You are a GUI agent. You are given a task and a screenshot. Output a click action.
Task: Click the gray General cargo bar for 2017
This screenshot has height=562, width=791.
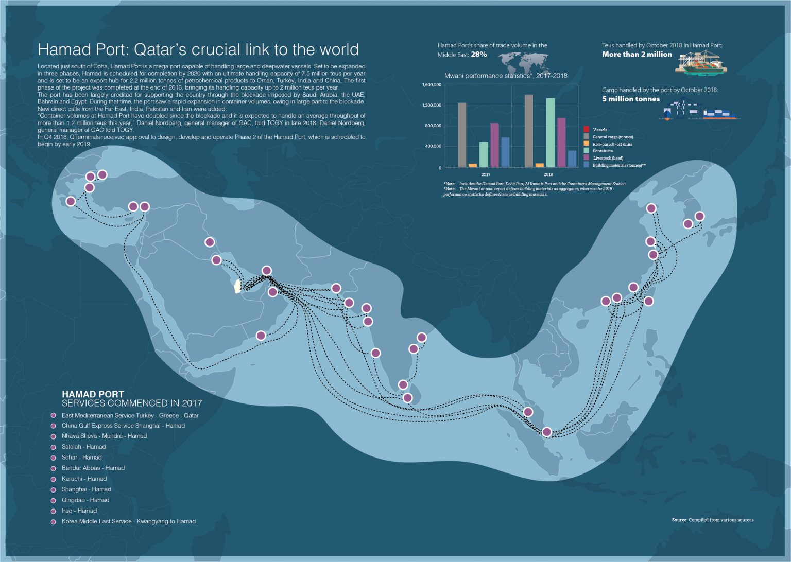click(462, 135)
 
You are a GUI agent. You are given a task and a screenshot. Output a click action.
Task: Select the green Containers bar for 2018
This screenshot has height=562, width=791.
click(550, 133)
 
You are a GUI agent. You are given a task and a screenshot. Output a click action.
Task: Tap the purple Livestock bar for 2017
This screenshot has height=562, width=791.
click(494, 145)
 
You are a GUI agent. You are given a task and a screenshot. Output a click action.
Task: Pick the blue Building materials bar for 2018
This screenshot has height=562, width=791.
click(572, 159)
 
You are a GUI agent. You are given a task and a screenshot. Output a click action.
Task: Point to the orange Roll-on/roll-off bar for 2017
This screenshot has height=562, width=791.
click(472, 165)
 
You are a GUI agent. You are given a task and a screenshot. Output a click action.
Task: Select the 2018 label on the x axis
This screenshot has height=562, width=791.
click(548, 174)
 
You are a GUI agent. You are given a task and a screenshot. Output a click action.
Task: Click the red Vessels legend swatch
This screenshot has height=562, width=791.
click(586, 130)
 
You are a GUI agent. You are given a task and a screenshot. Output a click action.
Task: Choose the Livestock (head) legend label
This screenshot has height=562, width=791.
click(608, 158)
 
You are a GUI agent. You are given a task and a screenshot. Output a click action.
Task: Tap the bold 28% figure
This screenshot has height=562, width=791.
click(478, 55)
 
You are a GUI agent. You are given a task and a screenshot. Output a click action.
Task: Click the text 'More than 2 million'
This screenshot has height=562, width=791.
click(637, 55)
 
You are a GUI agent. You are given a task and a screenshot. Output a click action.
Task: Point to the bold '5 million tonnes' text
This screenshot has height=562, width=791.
click(631, 99)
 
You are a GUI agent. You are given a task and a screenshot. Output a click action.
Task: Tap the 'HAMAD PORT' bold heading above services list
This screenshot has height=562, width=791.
click(93, 394)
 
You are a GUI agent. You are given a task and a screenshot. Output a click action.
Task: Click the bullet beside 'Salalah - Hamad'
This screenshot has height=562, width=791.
click(53, 447)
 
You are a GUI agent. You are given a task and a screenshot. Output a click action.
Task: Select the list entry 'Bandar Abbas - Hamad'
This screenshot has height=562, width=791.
click(93, 468)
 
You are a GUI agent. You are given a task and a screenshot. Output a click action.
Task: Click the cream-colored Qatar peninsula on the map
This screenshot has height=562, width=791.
click(237, 286)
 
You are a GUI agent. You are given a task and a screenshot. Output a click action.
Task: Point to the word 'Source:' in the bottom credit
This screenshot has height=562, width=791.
click(679, 520)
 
